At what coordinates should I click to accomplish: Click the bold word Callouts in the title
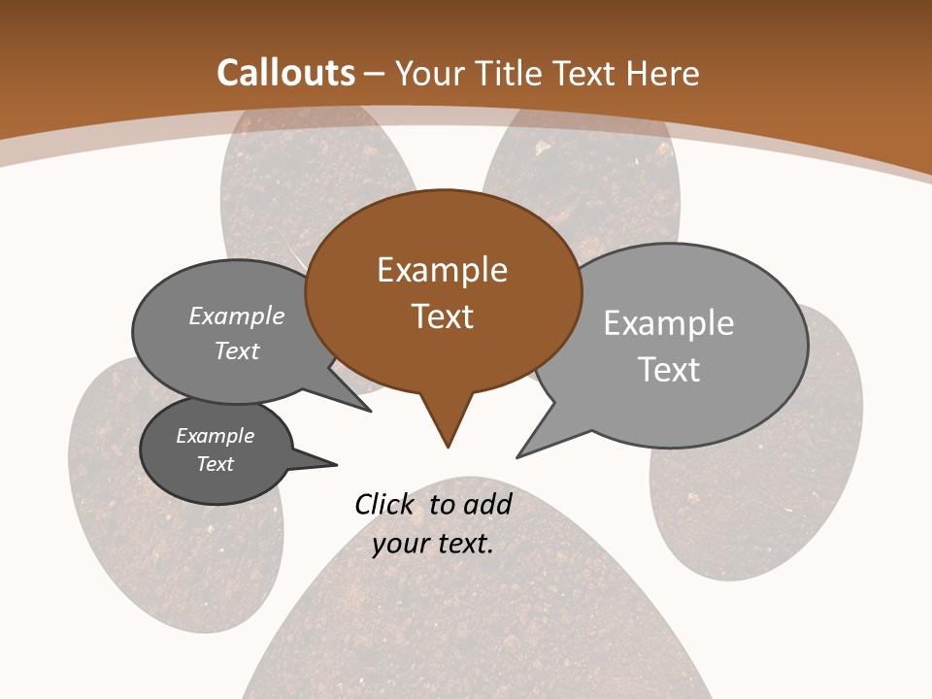click(x=285, y=73)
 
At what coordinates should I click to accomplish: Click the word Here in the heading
click(x=665, y=73)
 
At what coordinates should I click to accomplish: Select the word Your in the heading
click(x=430, y=73)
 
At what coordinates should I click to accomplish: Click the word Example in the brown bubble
click(x=442, y=270)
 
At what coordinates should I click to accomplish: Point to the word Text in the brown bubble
click(x=443, y=316)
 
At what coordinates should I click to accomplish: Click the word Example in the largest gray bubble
click(x=669, y=323)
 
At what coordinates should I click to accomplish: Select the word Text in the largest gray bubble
click(x=669, y=370)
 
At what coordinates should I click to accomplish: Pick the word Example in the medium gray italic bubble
click(x=237, y=316)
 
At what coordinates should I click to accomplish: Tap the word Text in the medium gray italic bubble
click(x=237, y=350)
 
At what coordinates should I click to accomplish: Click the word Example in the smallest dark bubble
click(x=216, y=436)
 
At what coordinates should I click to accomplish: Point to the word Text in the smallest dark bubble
click(x=216, y=464)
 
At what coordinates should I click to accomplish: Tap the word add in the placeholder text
click(x=487, y=504)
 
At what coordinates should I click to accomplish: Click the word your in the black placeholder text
click(x=399, y=544)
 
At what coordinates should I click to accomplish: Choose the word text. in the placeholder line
click(x=464, y=544)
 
